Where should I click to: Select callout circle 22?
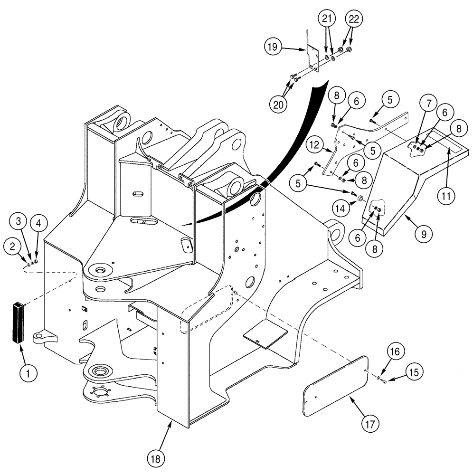(x=356, y=19)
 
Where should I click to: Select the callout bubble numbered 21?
(x=327, y=19)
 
